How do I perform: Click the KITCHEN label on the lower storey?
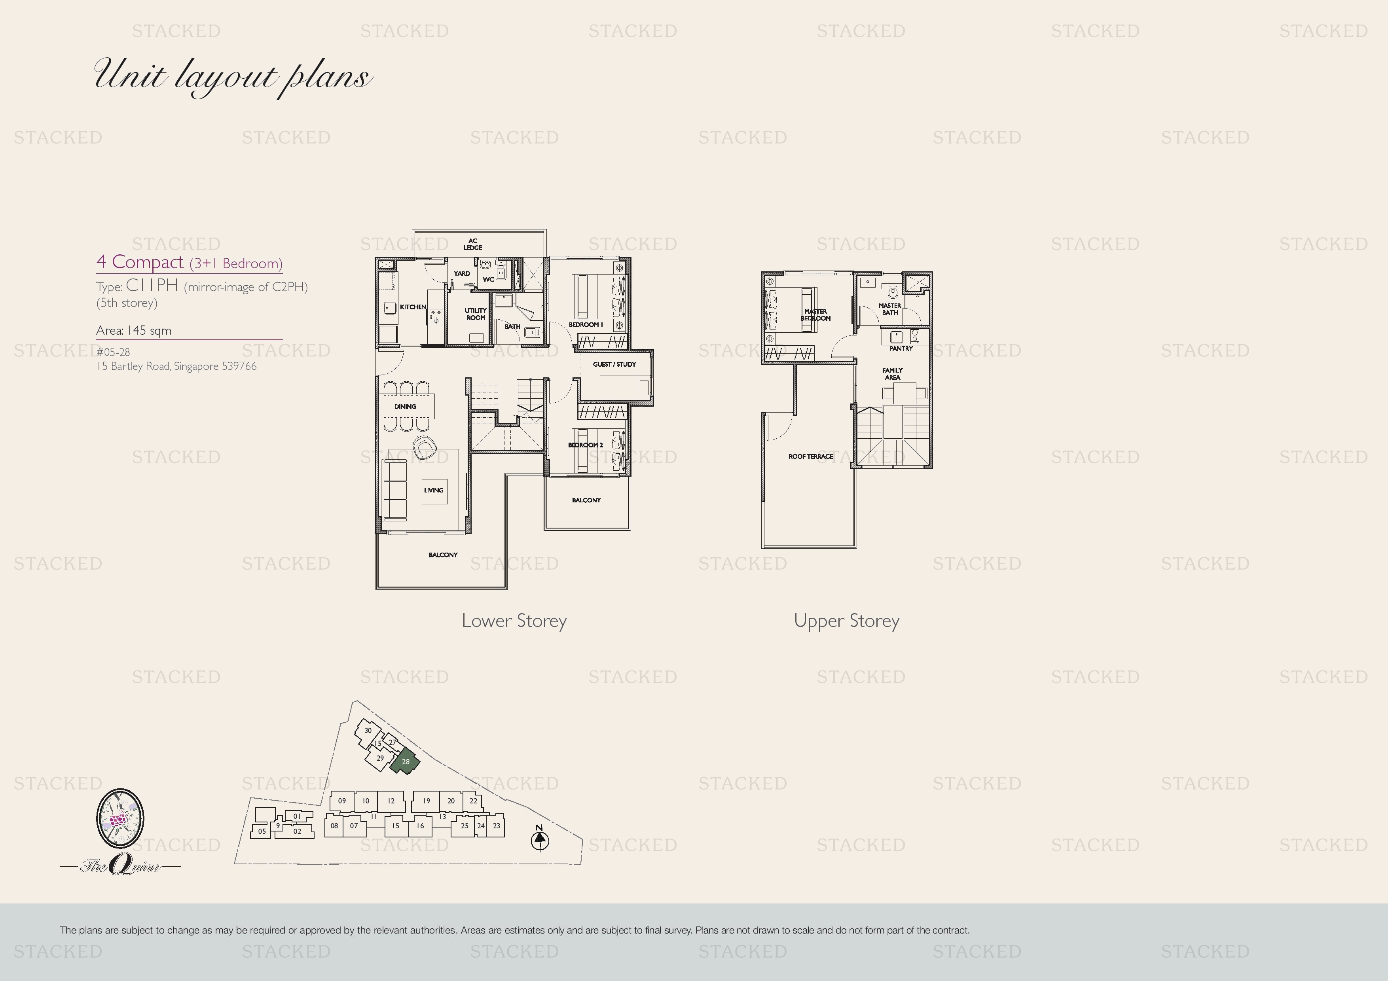click(x=413, y=307)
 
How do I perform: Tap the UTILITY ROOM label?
click(x=476, y=314)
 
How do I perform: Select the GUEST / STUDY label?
click(x=614, y=364)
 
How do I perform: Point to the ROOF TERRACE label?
click(x=811, y=456)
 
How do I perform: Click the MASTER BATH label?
click(x=890, y=309)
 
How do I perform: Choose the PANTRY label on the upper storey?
click(x=901, y=349)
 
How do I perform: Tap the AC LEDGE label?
click(x=473, y=244)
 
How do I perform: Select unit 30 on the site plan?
click(x=367, y=730)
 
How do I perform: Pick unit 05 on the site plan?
click(x=262, y=831)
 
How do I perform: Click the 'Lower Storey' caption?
click(x=514, y=621)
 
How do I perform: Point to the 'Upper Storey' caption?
click(x=846, y=621)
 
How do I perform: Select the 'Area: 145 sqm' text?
click(x=134, y=331)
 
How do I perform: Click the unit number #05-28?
click(x=113, y=352)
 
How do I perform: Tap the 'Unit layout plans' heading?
click(x=233, y=77)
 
